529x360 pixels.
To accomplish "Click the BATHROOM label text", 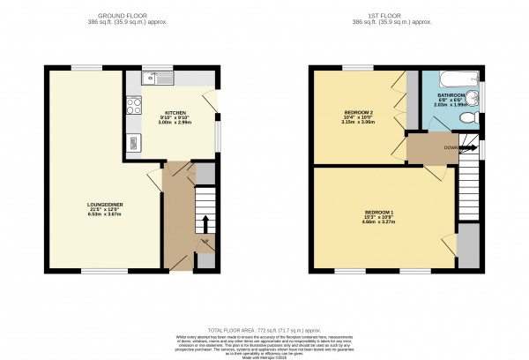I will coord(451,98).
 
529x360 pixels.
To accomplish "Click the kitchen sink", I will coord(162,79).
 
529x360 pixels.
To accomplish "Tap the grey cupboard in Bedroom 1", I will coord(470,247).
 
